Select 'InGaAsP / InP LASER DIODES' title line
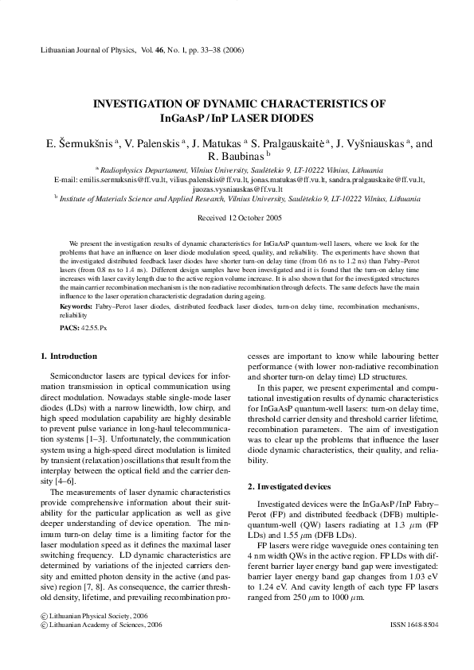pos(237,119)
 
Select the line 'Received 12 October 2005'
pos(237,217)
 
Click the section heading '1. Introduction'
pos(69,356)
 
